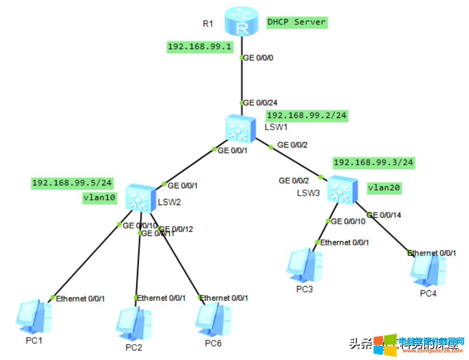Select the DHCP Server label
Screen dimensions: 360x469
(x=296, y=22)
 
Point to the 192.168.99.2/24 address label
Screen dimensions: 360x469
(x=307, y=116)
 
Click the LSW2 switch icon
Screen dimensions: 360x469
(x=139, y=197)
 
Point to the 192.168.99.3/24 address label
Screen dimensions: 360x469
(x=373, y=163)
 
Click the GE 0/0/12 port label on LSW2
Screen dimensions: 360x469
(x=178, y=229)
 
